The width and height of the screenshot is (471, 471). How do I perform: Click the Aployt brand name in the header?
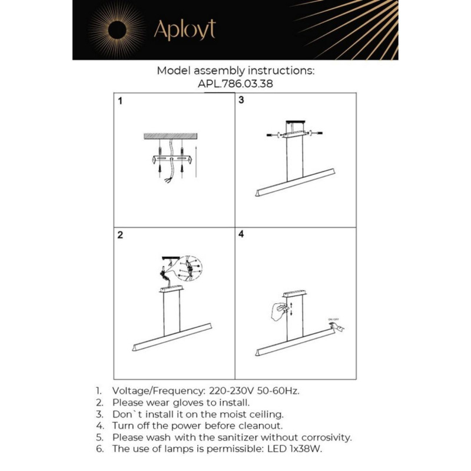pos(184,29)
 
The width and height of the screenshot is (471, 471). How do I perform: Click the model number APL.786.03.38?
pos(235,84)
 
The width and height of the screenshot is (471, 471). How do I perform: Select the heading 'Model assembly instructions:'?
pos(235,71)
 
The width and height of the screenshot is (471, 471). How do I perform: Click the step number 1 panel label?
pos(120,101)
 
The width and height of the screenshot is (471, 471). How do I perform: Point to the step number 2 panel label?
pos(120,235)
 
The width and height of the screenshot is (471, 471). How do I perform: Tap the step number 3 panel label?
pos(241,101)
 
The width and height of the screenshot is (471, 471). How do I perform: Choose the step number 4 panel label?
pos(241,234)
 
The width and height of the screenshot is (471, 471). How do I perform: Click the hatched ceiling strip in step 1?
pos(171,136)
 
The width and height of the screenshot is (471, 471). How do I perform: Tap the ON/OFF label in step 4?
pos(334,319)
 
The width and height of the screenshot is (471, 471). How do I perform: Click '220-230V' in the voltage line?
pos(229,390)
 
